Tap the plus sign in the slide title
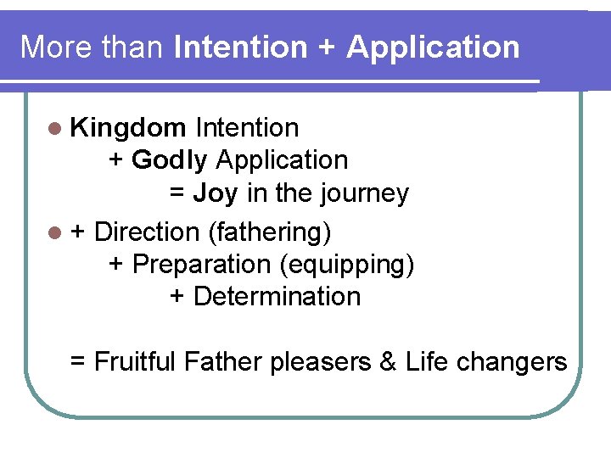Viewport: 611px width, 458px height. [326, 47]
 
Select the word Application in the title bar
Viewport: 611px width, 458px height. [433, 47]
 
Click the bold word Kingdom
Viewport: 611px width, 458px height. [129, 128]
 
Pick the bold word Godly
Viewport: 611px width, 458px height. [170, 160]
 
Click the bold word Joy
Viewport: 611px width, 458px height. [216, 193]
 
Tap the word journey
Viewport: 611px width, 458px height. [364, 193]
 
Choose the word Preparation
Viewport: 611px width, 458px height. [202, 264]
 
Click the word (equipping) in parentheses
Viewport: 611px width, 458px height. [347, 264]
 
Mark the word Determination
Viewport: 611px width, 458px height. [277, 297]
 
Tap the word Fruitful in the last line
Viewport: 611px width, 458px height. [136, 362]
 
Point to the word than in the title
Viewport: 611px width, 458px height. [129, 47]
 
